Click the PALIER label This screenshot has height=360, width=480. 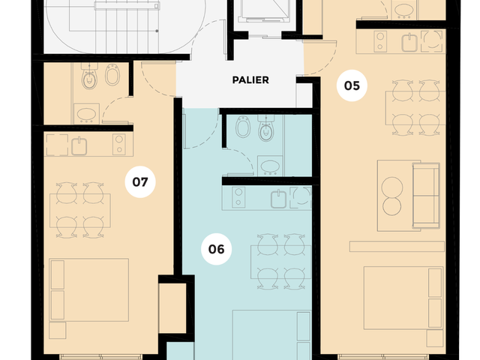point(250,80)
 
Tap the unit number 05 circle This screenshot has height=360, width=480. point(352,85)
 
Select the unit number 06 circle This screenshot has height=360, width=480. point(216,249)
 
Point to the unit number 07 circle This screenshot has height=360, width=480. point(140,181)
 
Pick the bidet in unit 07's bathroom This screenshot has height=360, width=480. point(112,75)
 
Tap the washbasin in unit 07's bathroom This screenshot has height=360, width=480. point(87,114)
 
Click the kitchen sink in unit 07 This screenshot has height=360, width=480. point(79,146)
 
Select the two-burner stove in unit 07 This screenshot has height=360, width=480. point(118,145)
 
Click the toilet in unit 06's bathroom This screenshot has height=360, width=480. point(265,128)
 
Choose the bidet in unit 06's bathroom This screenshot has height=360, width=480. point(243,127)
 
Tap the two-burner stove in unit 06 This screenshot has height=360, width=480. point(238,197)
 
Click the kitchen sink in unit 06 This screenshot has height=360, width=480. point(278,199)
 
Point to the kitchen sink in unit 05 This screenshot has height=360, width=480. point(409,43)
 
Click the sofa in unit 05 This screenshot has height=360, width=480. point(426,196)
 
